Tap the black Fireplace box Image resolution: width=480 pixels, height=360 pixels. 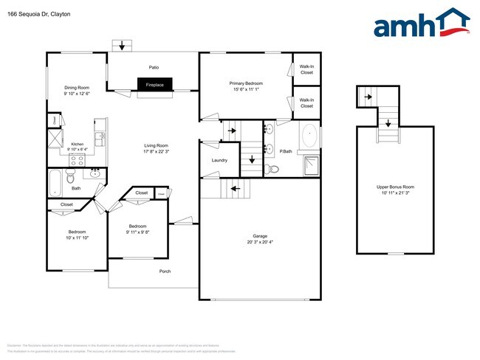155,86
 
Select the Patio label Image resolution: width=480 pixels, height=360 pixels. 154,67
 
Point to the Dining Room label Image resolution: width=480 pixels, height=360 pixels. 77,87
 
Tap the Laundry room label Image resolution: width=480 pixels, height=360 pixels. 219,160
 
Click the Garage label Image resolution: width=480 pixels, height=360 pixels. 259,236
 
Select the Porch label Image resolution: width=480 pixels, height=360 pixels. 165,271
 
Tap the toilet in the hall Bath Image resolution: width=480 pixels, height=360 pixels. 71,177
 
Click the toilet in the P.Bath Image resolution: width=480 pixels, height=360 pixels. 274,169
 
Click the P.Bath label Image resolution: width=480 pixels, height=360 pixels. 286,151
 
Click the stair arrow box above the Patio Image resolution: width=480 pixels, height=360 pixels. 123,44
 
